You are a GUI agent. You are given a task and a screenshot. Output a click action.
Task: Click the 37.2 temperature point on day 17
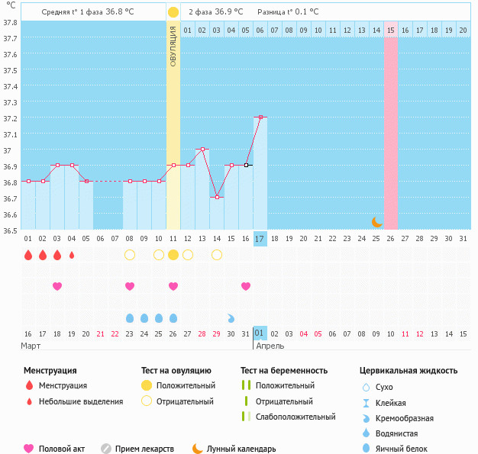coord(260,117)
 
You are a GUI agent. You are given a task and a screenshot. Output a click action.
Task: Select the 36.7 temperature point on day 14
coord(217,197)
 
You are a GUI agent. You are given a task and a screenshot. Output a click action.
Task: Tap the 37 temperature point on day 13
coord(202,149)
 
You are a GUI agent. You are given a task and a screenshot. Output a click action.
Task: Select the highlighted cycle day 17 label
coord(260,239)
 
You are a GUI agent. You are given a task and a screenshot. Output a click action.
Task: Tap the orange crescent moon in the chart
coord(376,221)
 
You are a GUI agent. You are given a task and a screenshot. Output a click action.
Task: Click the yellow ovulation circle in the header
coord(173,12)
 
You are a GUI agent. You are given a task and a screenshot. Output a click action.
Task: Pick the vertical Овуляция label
coord(173,46)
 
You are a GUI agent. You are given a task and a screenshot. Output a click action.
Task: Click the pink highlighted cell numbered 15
coord(391,30)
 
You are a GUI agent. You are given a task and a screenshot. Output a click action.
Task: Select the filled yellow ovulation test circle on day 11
coord(173,255)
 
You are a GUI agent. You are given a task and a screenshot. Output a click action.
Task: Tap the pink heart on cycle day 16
coord(246,286)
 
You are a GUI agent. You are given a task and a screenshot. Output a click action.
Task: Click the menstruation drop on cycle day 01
coord(28,255)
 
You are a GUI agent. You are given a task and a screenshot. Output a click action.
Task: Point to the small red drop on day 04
coord(72,255)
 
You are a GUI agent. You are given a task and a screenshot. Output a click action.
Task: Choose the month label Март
coord(31,346)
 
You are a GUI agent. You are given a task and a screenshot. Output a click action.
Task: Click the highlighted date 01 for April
coord(260,333)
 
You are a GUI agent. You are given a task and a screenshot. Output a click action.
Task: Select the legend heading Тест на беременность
coord(283,371)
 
